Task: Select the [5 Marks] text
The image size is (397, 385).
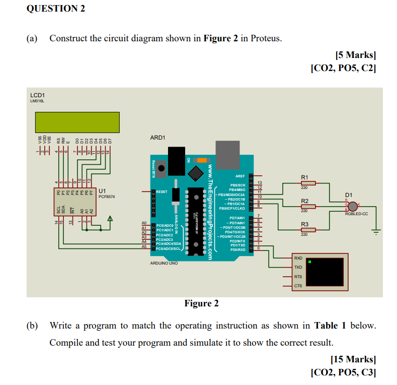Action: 355,55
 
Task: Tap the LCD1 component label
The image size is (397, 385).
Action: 37,95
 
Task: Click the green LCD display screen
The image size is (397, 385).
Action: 77,122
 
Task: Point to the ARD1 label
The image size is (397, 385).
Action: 157,138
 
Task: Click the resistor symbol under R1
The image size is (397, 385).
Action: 307,183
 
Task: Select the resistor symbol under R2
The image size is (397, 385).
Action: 307,207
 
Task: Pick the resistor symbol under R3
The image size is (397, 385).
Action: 307,230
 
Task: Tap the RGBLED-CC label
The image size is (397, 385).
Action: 356,214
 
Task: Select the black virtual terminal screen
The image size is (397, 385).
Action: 326,273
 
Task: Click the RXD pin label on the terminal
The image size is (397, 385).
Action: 298,258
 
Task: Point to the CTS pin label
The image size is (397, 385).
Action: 298,286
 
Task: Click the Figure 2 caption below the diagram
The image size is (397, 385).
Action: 201,303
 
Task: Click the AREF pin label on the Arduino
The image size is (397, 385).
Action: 240,176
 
